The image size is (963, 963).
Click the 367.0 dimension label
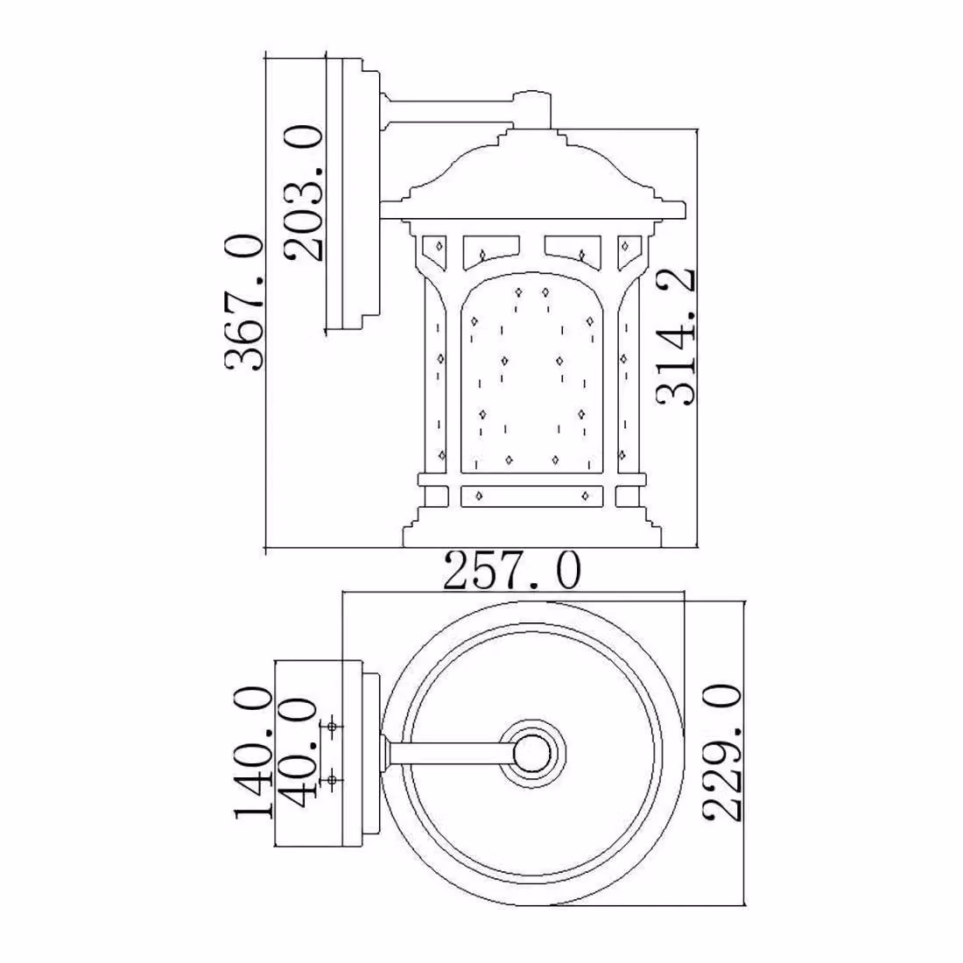244,302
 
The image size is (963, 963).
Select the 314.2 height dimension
676,336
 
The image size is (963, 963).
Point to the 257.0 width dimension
511,571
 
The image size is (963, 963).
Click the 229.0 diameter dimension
722,754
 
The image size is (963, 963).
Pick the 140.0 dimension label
252,753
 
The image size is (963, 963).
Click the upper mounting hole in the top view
332,728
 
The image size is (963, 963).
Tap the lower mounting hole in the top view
332,780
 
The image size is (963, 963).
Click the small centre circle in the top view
531,754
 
